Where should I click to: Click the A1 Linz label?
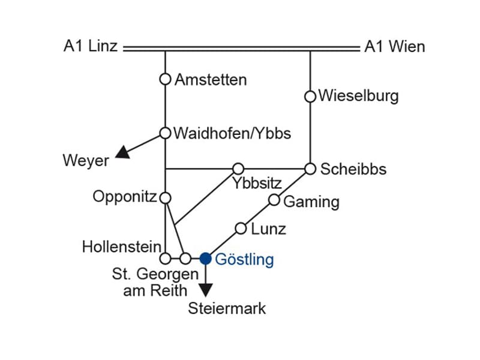click(x=91, y=47)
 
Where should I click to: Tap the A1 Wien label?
click(x=395, y=47)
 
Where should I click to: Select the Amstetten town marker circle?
click(x=165, y=79)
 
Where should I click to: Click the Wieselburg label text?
click(x=359, y=96)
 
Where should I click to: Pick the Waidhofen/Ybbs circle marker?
click(x=165, y=133)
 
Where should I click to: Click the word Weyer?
click(x=86, y=161)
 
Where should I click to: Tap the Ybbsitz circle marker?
click(x=238, y=169)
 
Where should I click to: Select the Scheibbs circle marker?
click(x=310, y=169)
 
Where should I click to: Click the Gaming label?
click(x=311, y=202)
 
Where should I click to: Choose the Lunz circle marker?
click(x=241, y=228)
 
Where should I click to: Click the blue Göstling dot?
click(x=206, y=259)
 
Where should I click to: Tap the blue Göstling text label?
click(x=244, y=260)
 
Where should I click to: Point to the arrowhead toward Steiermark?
click(x=206, y=290)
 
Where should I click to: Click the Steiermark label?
click(x=227, y=309)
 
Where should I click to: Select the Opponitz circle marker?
click(x=165, y=197)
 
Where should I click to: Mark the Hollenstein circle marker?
click(x=165, y=259)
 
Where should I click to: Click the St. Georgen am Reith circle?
click(x=185, y=259)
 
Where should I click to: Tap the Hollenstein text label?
click(x=122, y=246)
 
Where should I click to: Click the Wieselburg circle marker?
click(x=310, y=96)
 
